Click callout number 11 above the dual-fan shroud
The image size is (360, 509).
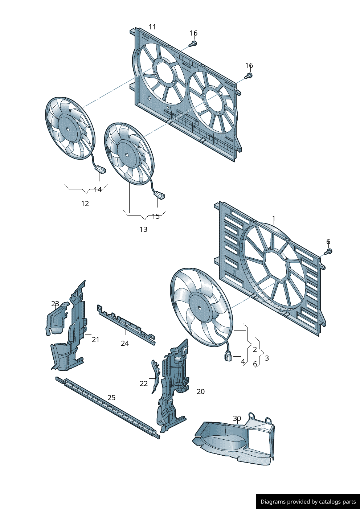coord(152,27)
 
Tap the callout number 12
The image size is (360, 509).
coord(85,204)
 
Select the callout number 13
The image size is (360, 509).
coord(143,229)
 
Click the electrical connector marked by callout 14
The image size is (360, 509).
coord(101,169)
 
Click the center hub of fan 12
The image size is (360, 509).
coord(68,129)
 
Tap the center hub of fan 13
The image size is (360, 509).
coord(127,155)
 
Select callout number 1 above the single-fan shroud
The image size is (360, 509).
coord(274,218)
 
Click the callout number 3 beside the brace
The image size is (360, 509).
coord(267,358)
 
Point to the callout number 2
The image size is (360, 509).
coord(255,349)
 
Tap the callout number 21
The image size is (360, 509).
coord(96,340)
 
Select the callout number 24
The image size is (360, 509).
coord(125,343)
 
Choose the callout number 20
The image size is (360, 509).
coord(201,391)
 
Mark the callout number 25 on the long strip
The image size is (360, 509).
coord(111,398)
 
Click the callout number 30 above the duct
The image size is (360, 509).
coord(237,418)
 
